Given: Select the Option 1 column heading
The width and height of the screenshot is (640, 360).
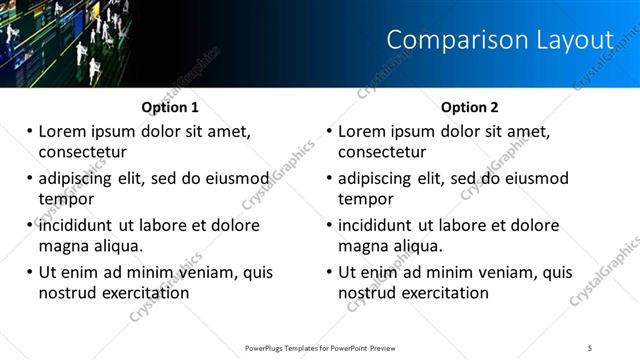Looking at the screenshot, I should (170, 107).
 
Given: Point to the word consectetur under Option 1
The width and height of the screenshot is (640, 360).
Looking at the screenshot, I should (82, 152).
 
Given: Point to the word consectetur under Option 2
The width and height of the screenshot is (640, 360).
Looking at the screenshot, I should (382, 152).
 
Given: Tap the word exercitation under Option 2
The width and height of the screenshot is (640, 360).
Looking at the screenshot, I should (443, 293).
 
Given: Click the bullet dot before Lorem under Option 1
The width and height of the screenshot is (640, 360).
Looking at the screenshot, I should (30, 131).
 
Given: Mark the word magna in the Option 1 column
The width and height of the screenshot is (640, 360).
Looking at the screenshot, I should (63, 246).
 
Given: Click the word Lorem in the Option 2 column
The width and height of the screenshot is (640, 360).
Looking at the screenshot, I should (363, 131).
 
